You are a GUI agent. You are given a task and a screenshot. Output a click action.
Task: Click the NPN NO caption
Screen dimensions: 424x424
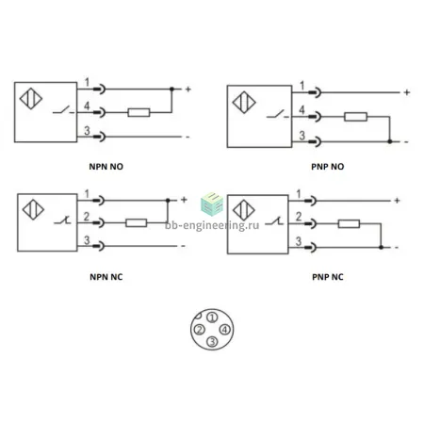point(106,167)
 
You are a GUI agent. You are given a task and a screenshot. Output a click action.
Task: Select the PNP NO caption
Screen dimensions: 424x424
point(328,167)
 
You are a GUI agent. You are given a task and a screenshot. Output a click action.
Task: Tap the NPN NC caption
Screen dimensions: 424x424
point(106,277)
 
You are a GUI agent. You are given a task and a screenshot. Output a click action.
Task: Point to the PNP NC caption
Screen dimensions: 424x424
point(328,277)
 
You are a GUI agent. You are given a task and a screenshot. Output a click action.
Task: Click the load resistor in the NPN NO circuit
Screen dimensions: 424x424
point(139,112)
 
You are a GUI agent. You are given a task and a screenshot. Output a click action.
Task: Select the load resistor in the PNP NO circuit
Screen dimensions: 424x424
point(355,117)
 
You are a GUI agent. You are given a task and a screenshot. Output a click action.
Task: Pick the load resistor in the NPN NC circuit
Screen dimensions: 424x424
point(136,223)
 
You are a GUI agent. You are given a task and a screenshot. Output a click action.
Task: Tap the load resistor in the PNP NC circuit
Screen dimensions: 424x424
point(349,224)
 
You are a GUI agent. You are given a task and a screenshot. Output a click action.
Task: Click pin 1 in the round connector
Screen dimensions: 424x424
point(212,318)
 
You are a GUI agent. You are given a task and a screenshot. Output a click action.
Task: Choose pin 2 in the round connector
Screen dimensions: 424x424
point(200,330)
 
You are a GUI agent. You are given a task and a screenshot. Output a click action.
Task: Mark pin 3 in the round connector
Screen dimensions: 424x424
point(212,341)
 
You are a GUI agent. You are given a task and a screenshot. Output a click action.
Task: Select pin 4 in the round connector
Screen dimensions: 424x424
point(224,330)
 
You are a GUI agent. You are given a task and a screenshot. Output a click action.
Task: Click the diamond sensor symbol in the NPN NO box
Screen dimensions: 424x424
point(31,99)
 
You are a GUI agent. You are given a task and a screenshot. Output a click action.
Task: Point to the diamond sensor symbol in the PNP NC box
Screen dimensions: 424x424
point(244,210)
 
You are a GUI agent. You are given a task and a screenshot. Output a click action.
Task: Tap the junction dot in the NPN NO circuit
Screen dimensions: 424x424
point(171,90)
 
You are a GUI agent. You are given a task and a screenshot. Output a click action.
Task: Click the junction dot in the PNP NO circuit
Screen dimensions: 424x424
point(390,141)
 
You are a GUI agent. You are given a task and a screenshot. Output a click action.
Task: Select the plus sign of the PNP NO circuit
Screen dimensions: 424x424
point(407,92)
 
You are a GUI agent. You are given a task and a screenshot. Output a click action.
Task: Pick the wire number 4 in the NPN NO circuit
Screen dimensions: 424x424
point(87,106)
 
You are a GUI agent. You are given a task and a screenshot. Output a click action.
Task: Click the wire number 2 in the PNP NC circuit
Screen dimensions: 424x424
point(299,217)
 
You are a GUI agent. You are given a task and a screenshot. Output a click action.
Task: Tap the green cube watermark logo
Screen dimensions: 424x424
point(212,204)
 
